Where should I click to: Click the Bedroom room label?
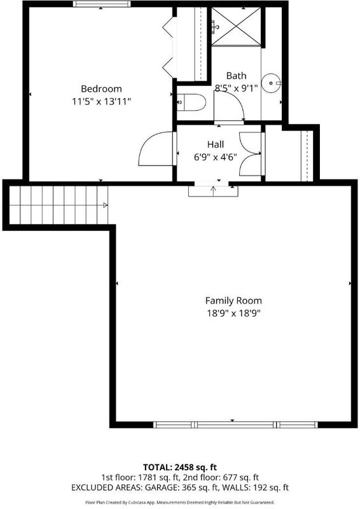pos(101,88)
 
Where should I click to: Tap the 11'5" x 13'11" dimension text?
pos(101,102)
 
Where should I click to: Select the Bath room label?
pos(236,76)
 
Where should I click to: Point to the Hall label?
pos(216,144)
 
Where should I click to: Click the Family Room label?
pos(233,300)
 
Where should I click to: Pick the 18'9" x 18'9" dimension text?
pos(233,314)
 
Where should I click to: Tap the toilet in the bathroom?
pos(191,102)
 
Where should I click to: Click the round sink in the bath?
pos(271,83)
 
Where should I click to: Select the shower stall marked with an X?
pos(236,27)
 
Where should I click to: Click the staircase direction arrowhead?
pos(105,205)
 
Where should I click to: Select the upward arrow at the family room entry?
pos(213,191)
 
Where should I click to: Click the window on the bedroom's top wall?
pos(102,4)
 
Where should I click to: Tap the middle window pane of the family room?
pos(235,424)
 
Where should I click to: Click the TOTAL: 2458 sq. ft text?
pos(180,468)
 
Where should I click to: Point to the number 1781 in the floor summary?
pos(148,478)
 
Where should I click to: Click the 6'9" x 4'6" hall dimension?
pos(216,157)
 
